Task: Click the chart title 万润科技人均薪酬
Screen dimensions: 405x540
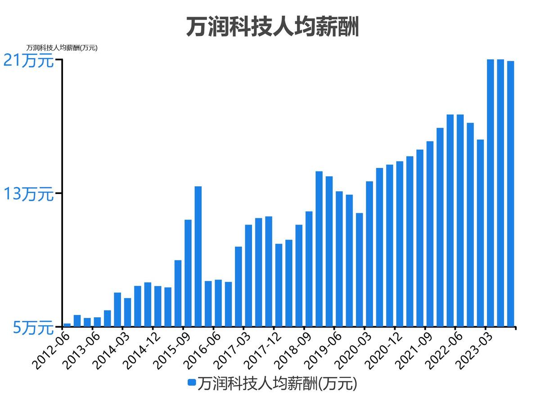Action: [x=272, y=27]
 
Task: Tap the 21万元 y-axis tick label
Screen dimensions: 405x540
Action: [x=28, y=60]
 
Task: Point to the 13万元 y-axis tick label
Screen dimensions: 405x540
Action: [x=28, y=194]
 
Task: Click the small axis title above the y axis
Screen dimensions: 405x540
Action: [x=62, y=48]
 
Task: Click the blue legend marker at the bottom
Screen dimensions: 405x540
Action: [x=192, y=382]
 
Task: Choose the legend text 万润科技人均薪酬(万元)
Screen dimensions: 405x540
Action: [x=277, y=383]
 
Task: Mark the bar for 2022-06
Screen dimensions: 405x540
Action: [x=460, y=220]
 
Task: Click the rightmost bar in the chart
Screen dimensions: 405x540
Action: [x=510, y=193]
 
